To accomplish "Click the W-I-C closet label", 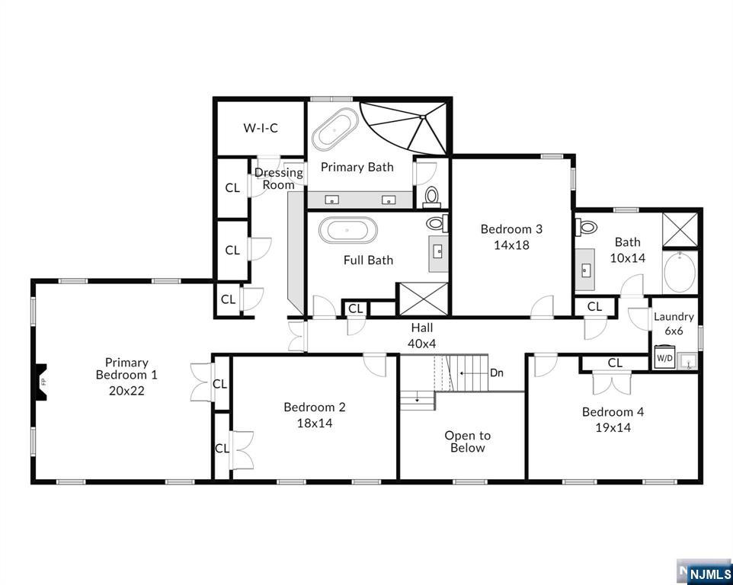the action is coord(261,127).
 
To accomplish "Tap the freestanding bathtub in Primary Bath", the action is coord(334,129).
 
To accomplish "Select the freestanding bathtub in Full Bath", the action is coord(347,230).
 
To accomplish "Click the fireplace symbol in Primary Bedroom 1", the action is coord(42,382).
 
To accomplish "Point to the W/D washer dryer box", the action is coord(664,357).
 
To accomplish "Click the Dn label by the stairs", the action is coord(497,373).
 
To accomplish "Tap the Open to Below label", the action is coord(468,442).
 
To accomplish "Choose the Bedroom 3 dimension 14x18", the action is coord(511,245).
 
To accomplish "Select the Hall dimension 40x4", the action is coord(421,344).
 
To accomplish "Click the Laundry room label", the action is coord(674,317).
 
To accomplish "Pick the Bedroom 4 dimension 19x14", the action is coord(613,427).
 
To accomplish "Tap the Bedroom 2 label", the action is coord(315,407).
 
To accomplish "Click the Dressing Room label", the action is coord(279,178).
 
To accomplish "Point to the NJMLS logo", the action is coord(705,572).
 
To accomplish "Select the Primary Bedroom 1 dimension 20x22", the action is coord(126,390).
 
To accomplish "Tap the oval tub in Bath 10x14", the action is coord(680,273).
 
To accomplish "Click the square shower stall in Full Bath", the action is coord(423,299).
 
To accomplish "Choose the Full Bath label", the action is coord(368,261).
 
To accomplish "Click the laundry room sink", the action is coord(687,362).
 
